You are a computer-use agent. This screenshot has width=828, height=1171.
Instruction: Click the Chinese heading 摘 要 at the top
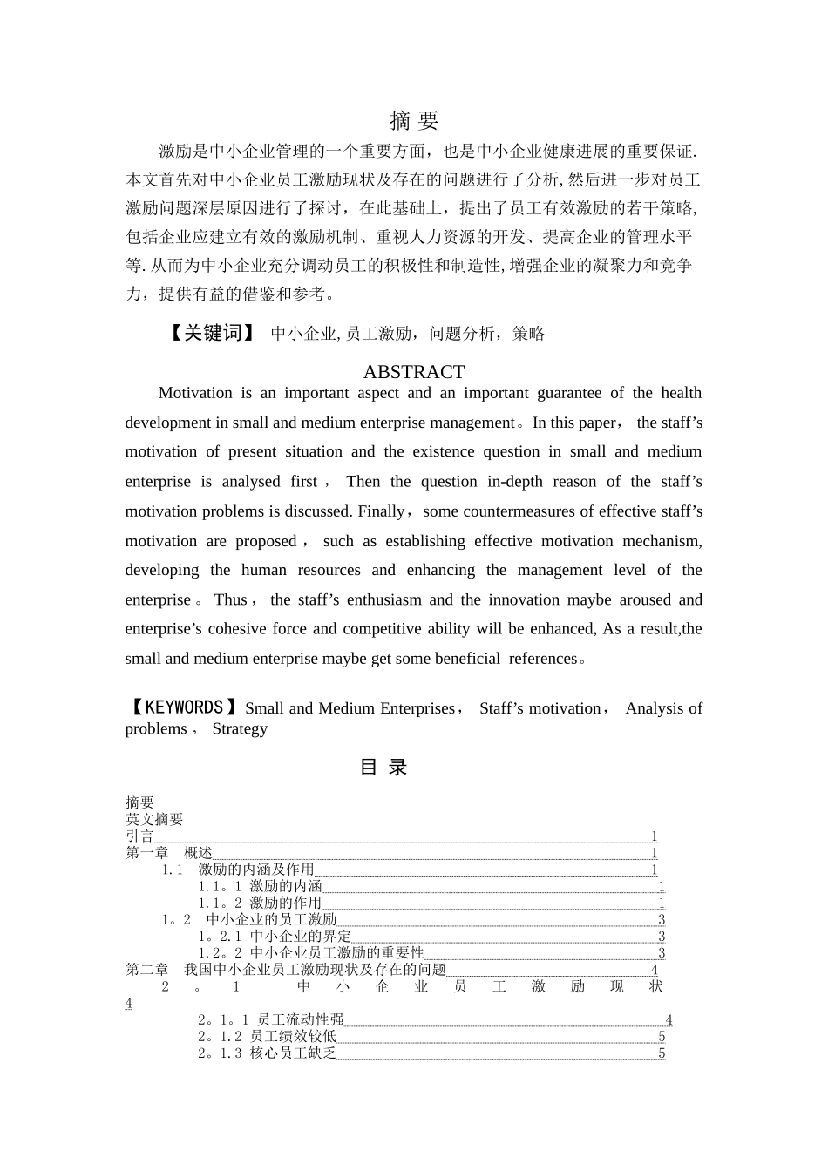click(414, 120)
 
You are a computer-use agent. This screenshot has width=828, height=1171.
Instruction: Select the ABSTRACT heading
click(414, 372)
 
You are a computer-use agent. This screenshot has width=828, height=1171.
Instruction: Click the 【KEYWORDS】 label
click(182, 707)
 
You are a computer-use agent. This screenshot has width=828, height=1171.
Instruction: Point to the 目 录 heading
click(383, 768)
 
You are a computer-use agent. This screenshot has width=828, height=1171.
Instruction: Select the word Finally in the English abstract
click(381, 511)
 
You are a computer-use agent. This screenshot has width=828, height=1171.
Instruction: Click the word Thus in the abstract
click(230, 599)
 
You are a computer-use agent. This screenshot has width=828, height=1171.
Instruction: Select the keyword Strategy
click(240, 728)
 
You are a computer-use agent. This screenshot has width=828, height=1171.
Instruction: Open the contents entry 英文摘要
click(154, 819)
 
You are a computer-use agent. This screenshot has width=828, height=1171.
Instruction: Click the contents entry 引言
click(139, 836)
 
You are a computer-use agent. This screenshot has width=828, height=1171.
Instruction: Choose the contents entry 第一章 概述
click(169, 852)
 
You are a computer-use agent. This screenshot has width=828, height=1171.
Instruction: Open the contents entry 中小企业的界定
click(300, 937)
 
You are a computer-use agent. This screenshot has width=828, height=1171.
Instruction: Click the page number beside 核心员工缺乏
click(662, 1053)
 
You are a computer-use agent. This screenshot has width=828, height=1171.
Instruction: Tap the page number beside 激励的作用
click(662, 904)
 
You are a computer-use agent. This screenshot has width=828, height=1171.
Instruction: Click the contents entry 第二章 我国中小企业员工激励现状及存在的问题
click(286, 970)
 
